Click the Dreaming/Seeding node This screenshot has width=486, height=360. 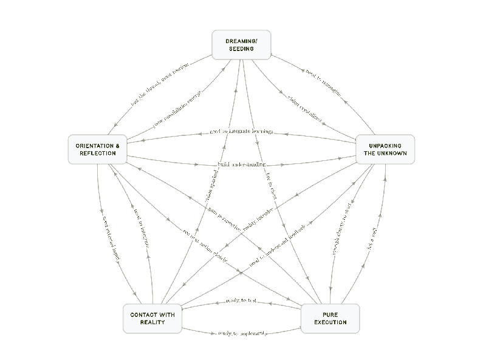[x=241, y=45]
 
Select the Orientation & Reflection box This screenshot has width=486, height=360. [x=97, y=149]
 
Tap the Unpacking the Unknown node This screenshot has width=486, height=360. [x=385, y=149]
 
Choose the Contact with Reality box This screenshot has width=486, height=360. [x=152, y=319]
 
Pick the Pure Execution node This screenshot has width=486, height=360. [x=330, y=319]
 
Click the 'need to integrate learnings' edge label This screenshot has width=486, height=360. [x=241, y=131]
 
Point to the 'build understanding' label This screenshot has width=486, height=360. [x=241, y=165]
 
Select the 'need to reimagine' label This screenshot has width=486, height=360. [x=323, y=81]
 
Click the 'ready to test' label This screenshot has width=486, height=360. [x=241, y=301]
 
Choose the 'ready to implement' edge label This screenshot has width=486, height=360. [x=241, y=333]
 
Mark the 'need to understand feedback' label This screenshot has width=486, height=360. [x=276, y=245]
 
